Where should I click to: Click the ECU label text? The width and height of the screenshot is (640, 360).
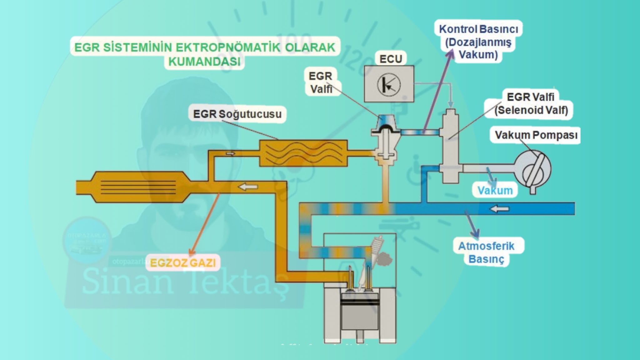tap(390, 59)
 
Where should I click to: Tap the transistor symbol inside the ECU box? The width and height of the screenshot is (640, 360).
tap(388, 84)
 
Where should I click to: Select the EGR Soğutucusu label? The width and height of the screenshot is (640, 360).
tap(237, 114)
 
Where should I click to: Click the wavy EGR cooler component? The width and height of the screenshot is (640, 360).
tap(303, 153)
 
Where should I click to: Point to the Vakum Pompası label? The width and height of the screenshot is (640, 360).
tap(536, 135)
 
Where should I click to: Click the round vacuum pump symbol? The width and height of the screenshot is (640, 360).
tap(532, 169)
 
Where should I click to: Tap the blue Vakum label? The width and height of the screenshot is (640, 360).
tap(495, 190)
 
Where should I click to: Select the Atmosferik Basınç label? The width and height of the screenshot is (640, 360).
tap(486, 252)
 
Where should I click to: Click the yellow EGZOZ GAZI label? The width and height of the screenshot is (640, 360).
tap(183, 263)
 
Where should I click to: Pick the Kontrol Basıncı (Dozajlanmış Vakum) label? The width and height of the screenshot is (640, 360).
tap(478, 42)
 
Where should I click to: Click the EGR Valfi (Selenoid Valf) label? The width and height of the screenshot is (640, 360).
tap(531, 103)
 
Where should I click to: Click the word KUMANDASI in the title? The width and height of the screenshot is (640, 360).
tap(205, 62)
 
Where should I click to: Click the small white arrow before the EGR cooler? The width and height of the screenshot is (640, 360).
tap(230, 153)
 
